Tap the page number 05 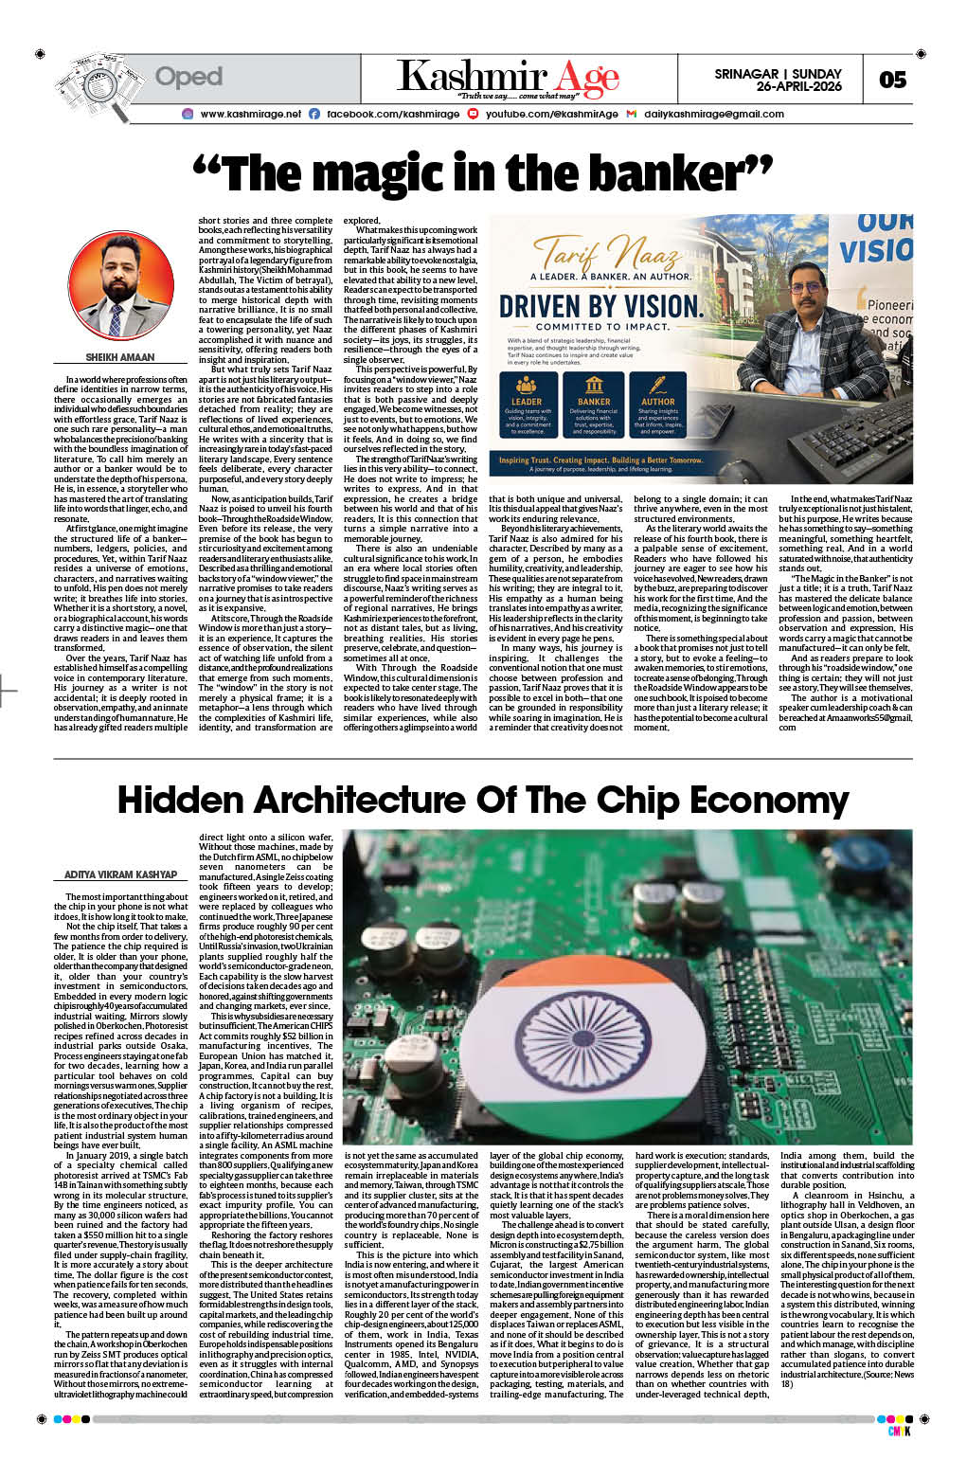coord(892,80)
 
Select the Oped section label coord(188,77)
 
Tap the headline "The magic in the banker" coord(483,173)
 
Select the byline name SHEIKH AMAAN coord(120,357)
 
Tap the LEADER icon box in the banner coord(528,404)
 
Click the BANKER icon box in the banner coord(594,404)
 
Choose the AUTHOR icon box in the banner coord(658,404)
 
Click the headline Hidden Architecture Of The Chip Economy coord(483,801)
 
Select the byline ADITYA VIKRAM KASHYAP coord(120,874)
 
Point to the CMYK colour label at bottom coord(899,1431)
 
